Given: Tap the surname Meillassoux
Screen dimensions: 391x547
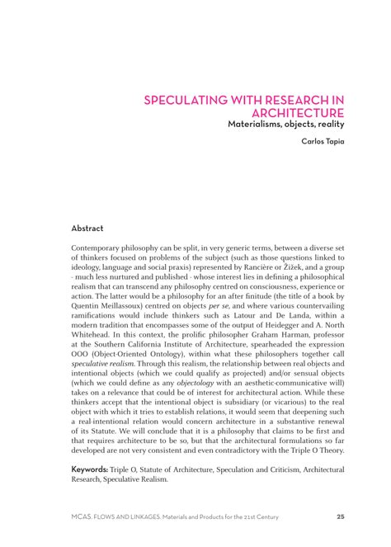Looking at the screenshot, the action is click(x=125, y=305).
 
